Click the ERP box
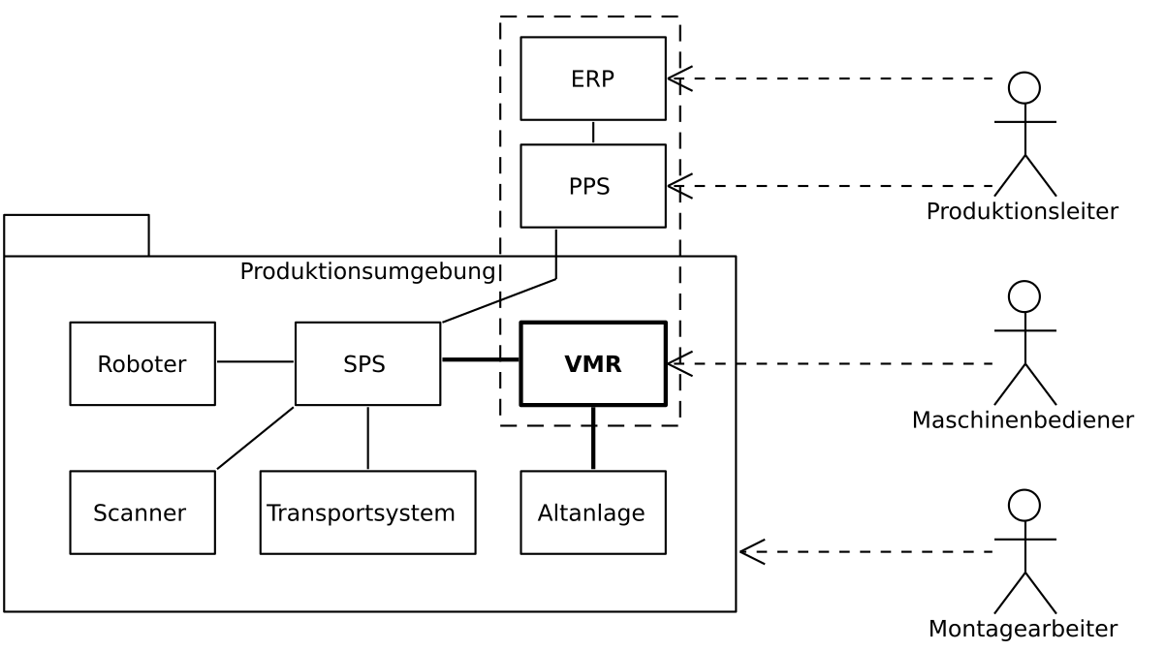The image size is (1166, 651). pyautogui.click(x=592, y=78)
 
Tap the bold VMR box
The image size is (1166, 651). pyautogui.click(x=592, y=364)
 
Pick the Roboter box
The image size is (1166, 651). pyautogui.click(x=142, y=364)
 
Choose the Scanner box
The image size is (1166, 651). pyautogui.click(x=142, y=512)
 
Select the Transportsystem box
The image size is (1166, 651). pyautogui.click(x=367, y=512)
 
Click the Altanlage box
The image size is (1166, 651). pyautogui.click(x=592, y=512)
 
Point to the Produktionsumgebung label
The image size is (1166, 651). pyautogui.click(x=367, y=271)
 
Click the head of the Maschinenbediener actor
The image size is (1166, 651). pyautogui.click(x=1024, y=296)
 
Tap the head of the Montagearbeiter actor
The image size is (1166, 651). pyautogui.click(x=1024, y=505)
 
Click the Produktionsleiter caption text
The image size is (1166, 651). pyautogui.click(x=1023, y=211)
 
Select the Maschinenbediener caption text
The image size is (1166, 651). pyautogui.click(x=1023, y=420)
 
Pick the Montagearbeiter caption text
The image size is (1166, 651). pyautogui.click(x=1023, y=629)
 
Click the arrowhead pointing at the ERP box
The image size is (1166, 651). pyautogui.click(x=678, y=78)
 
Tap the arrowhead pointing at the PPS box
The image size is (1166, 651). pyautogui.click(x=678, y=186)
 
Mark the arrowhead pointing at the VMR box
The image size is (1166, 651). pyautogui.click(x=678, y=364)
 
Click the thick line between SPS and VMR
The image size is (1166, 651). pyautogui.click(x=481, y=359)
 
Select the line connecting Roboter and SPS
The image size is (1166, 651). pyautogui.click(x=255, y=361)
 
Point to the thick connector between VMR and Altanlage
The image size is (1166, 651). pyautogui.click(x=593, y=438)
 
